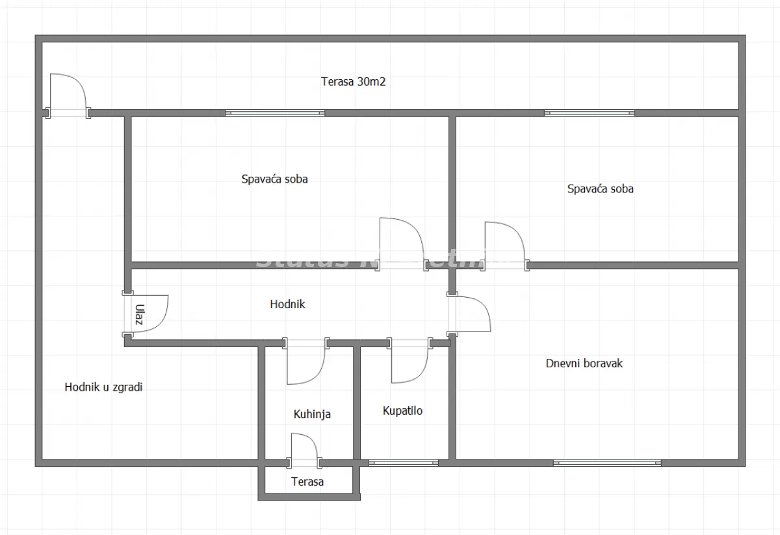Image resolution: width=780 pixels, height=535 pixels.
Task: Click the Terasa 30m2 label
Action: (x=354, y=82)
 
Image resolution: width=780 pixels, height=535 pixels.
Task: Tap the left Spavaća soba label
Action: (x=274, y=179)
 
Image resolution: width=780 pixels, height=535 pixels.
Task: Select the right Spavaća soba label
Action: (x=600, y=189)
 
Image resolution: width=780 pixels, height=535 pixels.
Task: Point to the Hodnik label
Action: (x=287, y=304)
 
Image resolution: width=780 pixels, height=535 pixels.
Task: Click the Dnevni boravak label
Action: (x=584, y=363)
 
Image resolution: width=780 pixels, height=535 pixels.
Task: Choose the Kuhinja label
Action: (x=312, y=413)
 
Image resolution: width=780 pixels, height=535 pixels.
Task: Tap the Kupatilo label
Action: (x=402, y=411)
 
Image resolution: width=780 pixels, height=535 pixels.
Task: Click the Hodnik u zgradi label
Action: (x=103, y=387)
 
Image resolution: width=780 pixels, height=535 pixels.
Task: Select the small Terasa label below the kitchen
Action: (x=307, y=482)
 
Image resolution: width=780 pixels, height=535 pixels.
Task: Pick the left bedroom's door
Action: (x=400, y=243)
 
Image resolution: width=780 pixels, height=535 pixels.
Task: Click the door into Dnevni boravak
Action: (x=471, y=315)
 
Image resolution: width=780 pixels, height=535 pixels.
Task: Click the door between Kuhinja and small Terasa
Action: (x=304, y=449)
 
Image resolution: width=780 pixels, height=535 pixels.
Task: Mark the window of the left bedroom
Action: (x=275, y=113)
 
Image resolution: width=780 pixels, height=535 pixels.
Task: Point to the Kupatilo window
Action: (x=404, y=463)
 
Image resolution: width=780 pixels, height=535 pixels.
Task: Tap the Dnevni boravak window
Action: (x=607, y=463)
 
